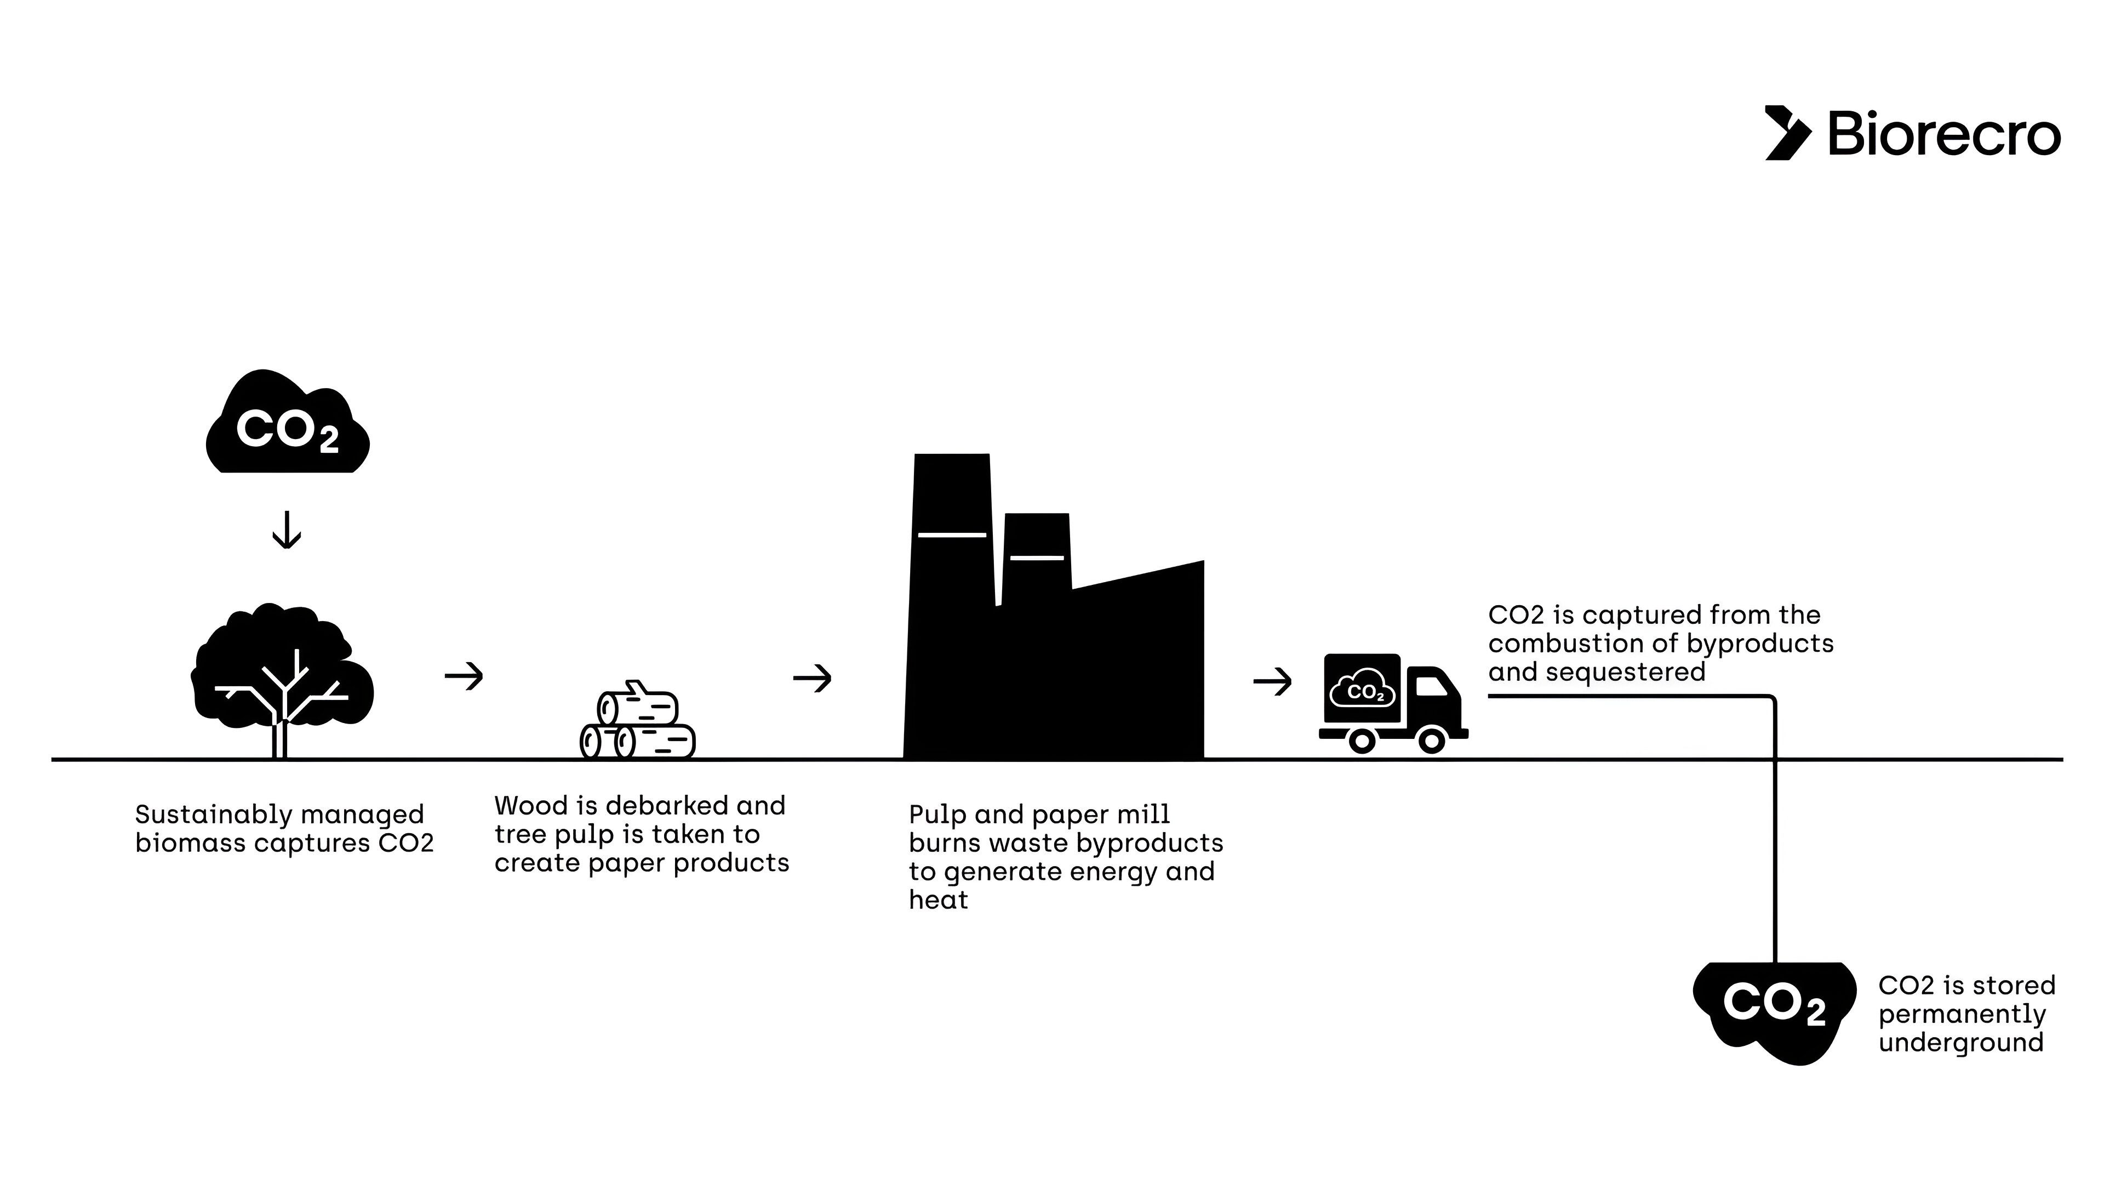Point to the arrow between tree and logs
tap(464, 676)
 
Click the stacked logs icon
tap(638, 723)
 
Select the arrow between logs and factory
tap(812, 678)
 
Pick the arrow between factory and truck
tap(1272, 681)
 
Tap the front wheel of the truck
tap(1432, 741)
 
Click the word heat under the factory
tap(939, 900)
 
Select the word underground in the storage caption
tap(1960, 1043)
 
